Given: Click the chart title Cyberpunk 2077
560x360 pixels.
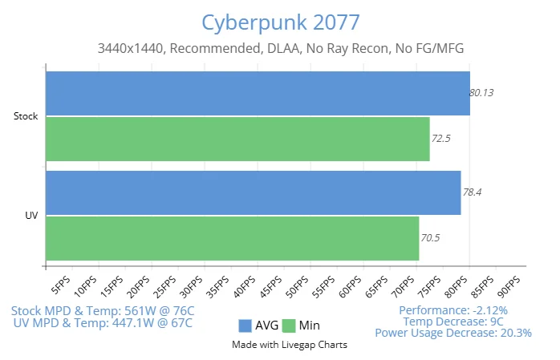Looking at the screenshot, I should (x=280, y=21).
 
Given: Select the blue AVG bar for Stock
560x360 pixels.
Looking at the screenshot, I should (x=257, y=93).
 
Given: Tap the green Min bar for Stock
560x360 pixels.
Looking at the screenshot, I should (x=237, y=139).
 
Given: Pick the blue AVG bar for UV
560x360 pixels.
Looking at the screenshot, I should (x=253, y=192).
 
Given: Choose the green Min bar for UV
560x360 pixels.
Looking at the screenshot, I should (x=232, y=238).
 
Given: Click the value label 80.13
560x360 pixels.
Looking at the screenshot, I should (x=481, y=92).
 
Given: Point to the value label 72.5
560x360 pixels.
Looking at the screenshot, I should (x=440, y=138).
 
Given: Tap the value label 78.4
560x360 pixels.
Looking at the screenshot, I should (x=472, y=192).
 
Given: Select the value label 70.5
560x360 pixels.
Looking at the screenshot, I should (x=430, y=238).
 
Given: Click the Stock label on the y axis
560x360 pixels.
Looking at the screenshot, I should (x=26, y=116).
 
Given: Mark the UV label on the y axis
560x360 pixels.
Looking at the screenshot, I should (x=31, y=215).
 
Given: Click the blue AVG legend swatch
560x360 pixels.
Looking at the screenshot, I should (x=245, y=326).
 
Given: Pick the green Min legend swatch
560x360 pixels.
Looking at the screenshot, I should (x=289, y=326).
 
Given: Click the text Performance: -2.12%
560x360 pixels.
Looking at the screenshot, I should (x=453, y=309).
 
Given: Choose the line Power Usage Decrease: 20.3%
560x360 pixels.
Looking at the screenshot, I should (x=453, y=333).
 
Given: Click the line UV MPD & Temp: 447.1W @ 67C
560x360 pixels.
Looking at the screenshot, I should (x=103, y=322).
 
